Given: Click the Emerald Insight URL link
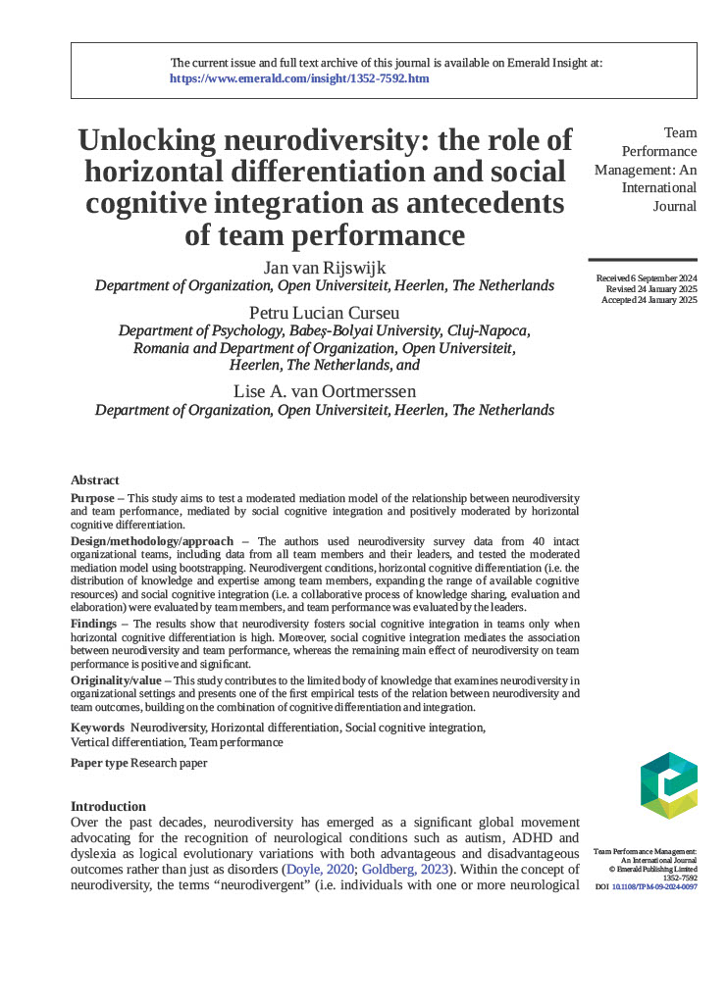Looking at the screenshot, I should (299, 78).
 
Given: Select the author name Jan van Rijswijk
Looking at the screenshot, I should (324, 268).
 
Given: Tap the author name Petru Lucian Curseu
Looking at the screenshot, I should (324, 313).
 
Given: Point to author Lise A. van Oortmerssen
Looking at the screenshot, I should (324, 391).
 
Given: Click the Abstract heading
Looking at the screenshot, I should (95, 480).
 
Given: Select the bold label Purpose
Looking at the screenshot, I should (92, 498).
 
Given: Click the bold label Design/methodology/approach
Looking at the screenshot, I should (152, 541).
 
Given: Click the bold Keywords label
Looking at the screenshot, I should (97, 728).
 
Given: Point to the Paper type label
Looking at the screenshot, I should (99, 763).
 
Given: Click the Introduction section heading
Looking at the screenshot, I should (108, 806).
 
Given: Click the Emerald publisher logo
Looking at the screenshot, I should (667, 785).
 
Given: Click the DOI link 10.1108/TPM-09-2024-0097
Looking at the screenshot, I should (654, 887).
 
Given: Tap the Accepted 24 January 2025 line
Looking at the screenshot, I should (649, 300).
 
